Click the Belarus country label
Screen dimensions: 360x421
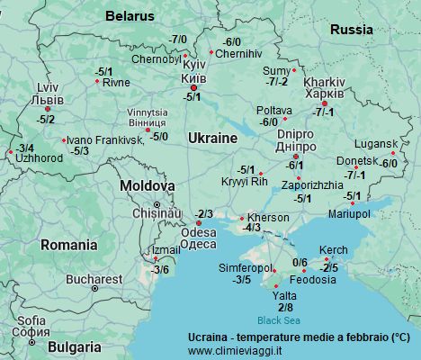click(x=130, y=16)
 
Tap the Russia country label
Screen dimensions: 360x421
click(x=351, y=30)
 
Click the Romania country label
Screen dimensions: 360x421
click(x=68, y=244)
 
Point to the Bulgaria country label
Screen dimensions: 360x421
click(x=75, y=346)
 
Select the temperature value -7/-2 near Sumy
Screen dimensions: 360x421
click(x=277, y=81)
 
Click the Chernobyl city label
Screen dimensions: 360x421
click(x=157, y=59)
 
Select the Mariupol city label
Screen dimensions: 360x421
click(x=349, y=213)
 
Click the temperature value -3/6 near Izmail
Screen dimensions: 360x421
click(x=160, y=269)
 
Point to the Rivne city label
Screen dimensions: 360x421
click(x=116, y=82)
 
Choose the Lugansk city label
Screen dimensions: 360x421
click(x=375, y=144)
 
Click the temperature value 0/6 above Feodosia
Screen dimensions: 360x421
click(x=300, y=262)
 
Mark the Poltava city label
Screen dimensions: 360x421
click(x=273, y=110)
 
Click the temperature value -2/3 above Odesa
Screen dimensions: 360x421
click(x=204, y=213)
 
